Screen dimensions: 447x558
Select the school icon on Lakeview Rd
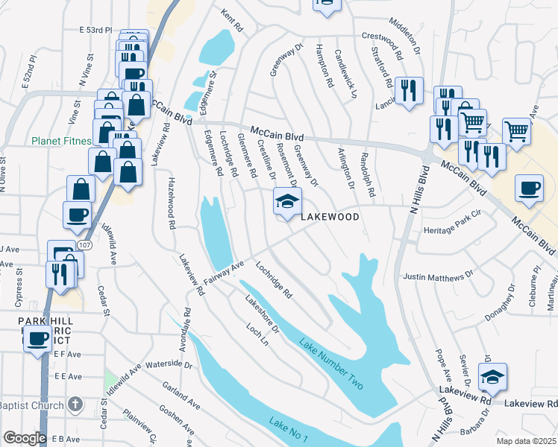point(492,378)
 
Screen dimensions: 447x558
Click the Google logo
point(25,438)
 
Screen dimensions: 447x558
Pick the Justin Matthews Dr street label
point(438,275)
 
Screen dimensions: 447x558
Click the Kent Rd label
point(232,19)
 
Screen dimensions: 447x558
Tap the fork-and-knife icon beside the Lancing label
point(408,91)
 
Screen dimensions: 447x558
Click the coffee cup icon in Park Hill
point(37,340)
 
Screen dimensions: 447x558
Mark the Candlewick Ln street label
point(346,74)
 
